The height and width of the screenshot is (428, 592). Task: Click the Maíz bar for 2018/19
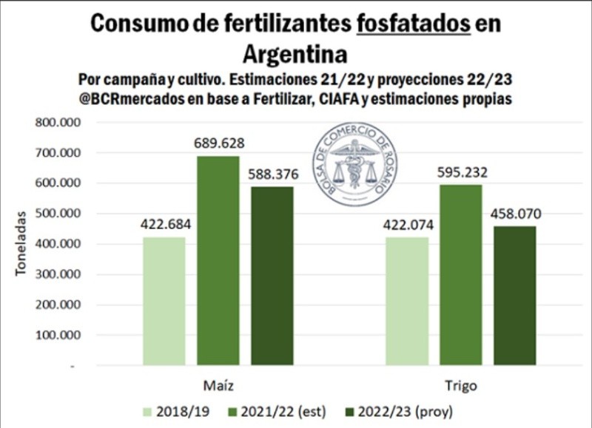pyautogui.click(x=164, y=301)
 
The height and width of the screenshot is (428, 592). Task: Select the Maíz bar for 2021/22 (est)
pyautogui.click(x=218, y=260)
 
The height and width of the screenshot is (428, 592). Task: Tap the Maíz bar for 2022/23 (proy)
pyautogui.click(x=272, y=276)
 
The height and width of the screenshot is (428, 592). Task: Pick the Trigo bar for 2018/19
pyautogui.click(x=406, y=301)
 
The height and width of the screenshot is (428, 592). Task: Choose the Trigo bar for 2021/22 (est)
pyautogui.click(x=460, y=275)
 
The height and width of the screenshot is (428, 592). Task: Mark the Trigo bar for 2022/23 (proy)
pyautogui.click(x=514, y=296)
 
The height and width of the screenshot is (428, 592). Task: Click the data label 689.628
pyautogui.click(x=218, y=143)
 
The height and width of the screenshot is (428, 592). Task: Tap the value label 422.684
pyautogui.click(x=164, y=225)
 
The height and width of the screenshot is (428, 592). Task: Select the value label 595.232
pyautogui.click(x=460, y=172)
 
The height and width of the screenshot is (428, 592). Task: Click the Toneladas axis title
pyautogui.click(x=23, y=244)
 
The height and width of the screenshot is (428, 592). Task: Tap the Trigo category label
pyautogui.click(x=460, y=386)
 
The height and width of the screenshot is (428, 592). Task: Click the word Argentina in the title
pyautogui.click(x=295, y=54)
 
